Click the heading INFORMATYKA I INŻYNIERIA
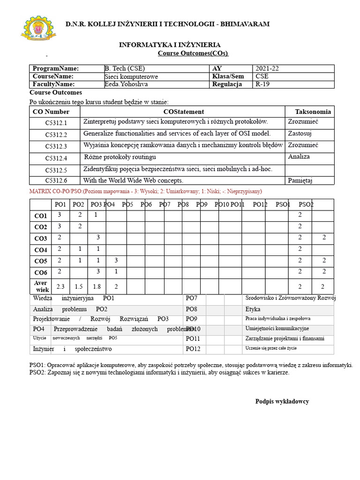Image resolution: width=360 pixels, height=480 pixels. (x=170, y=45)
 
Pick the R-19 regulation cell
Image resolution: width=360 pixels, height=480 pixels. (x=263, y=84)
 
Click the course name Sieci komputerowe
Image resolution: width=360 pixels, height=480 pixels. (x=131, y=76)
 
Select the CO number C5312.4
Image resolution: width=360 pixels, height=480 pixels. (x=56, y=158)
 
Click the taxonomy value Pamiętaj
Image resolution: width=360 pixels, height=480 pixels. (x=300, y=180)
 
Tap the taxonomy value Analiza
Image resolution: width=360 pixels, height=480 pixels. (x=299, y=157)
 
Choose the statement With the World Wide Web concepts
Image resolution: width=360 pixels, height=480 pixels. (x=133, y=180)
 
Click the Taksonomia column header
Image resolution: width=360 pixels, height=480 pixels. (x=313, y=112)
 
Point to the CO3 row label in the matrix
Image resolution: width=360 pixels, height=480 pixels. (x=41, y=239)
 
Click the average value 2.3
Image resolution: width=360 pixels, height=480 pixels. (x=60, y=286)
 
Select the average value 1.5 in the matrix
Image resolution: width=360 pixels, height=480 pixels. (x=79, y=286)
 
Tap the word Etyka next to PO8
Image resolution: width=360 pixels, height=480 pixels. (x=253, y=309)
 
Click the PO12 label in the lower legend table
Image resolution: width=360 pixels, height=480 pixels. (x=193, y=349)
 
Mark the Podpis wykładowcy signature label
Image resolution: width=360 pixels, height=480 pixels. (x=282, y=402)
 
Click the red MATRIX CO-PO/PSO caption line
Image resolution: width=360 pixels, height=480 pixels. (x=146, y=192)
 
